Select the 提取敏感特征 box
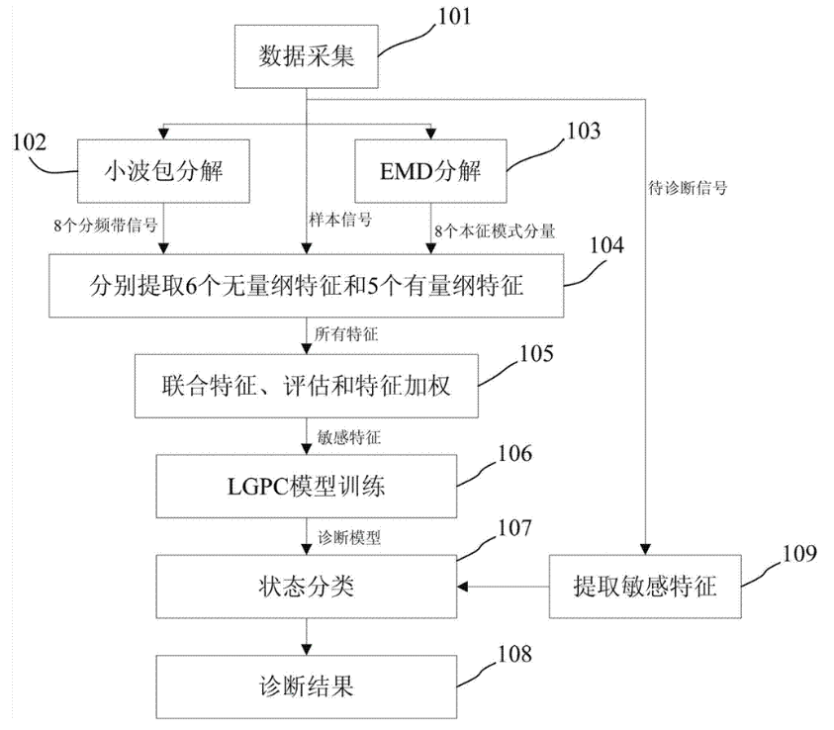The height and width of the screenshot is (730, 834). (644, 588)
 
